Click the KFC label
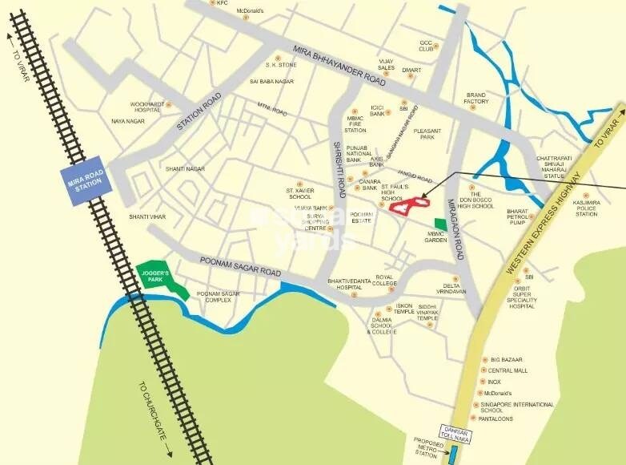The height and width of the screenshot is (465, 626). (x=223, y=3)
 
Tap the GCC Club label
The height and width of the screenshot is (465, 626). (x=426, y=46)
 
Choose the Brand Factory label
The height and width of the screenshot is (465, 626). (x=476, y=98)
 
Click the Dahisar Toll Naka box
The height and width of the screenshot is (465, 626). (x=457, y=433)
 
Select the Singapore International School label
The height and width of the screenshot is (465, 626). (x=522, y=408)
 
